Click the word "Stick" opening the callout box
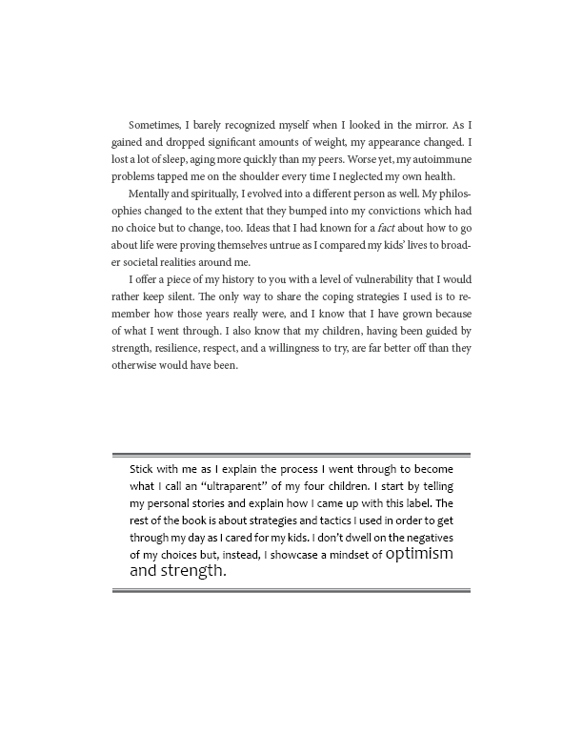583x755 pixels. pos(144,469)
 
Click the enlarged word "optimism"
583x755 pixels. pos(420,554)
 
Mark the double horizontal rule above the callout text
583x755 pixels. pos(291,455)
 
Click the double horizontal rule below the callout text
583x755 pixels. pos(291,591)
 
